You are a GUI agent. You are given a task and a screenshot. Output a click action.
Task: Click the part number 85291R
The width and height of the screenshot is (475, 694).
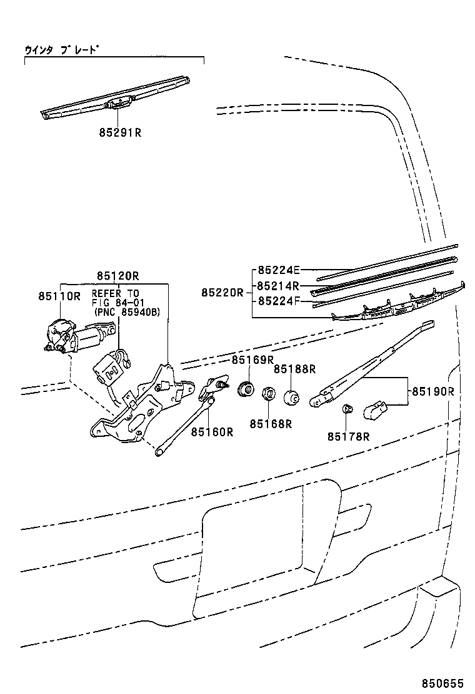pos(120,132)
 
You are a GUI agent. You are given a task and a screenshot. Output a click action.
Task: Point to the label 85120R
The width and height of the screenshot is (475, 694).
pos(117,275)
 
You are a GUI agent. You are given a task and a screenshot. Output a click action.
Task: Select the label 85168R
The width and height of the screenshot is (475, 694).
pos(271,424)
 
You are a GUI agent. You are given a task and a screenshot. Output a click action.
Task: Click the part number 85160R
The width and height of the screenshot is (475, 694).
pos(212,431)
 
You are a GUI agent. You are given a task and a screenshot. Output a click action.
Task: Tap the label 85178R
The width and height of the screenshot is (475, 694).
pos(348,436)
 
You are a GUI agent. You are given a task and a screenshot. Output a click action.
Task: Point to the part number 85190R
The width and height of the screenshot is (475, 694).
pos(432,391)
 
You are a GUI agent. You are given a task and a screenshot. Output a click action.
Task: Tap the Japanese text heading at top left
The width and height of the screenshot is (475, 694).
pos(62,49)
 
